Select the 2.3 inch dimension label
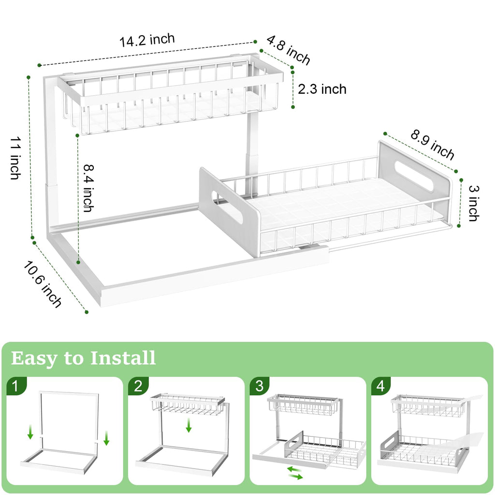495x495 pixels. pos(322,89)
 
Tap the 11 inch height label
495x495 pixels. pos(15,157)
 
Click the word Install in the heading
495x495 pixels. pos(123,359)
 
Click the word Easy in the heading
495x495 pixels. pos(32,359)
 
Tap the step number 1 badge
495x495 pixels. pos(16,386)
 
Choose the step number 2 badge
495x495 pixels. pos(138,386)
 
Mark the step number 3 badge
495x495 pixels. pos(260,386)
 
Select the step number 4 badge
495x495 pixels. pos(381,386)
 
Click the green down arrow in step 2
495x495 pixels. pos(189,425)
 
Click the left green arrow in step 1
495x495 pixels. pos(30,432)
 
